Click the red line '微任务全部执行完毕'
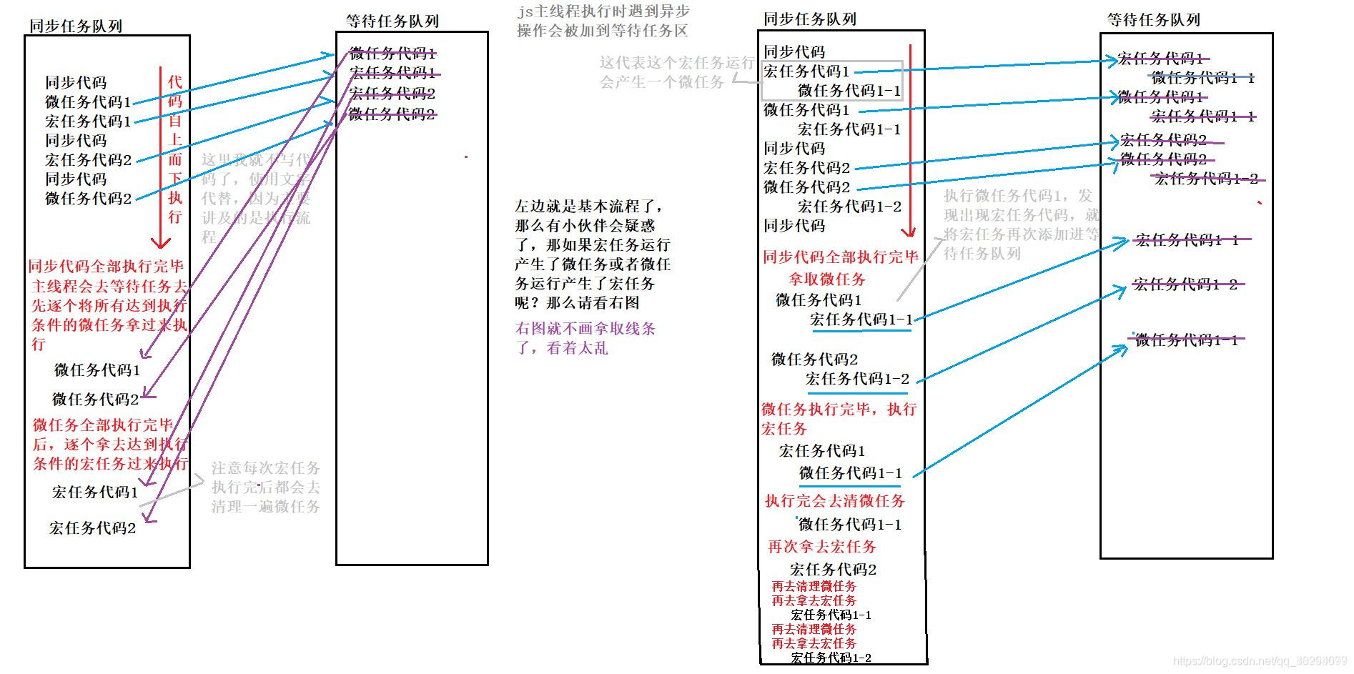click(103, 425)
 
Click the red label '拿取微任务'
click(826, 279)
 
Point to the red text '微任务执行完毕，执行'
click(839, 410)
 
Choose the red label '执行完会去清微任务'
click(834, 501)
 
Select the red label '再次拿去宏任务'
click(821, 547)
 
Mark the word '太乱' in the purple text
click(593, 348)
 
